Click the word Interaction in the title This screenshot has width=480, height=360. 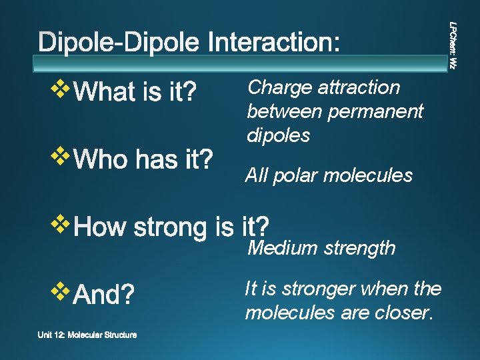pyautogui.click(x=275, y=43)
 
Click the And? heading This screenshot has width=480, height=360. pyautogui.click(x=104, y=294)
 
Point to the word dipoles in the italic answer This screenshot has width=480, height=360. pyautogui.click(x=279, y=135)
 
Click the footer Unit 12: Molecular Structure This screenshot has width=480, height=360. pyautogui.click(x=89, y=335)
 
